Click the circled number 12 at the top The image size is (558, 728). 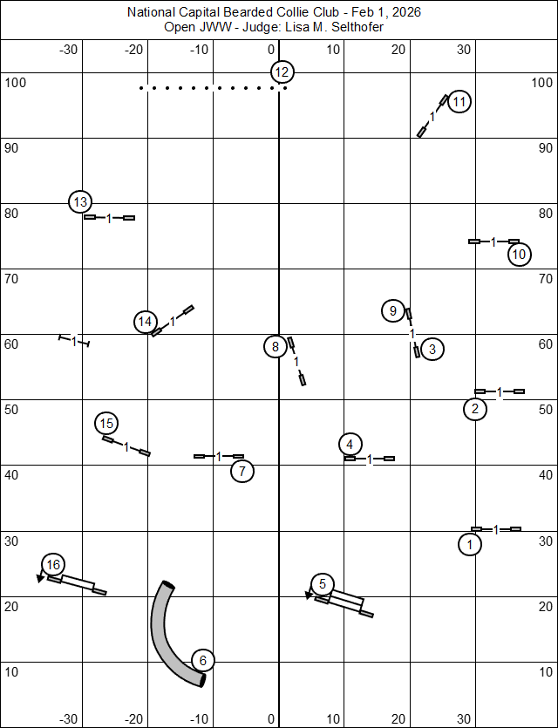pos(282,72)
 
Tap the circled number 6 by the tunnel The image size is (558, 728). pos(202,661)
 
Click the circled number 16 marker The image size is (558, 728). pos(53,565)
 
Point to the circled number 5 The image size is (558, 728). pos(323,584)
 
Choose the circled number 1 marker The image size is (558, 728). pos(470,545)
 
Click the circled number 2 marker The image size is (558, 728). pos(475,409)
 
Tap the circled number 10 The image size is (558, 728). pos(520,255)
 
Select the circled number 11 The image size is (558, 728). pos(459,102)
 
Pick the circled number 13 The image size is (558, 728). pos(80,202)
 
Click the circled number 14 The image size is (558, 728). pos(146,322)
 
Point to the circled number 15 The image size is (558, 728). pos(106,424)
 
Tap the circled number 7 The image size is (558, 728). pos(242,472)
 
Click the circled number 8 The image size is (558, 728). pos(276,347)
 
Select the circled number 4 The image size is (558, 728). pos(350,444)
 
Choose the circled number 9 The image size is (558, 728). pos(393,310)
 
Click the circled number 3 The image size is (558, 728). pos(432,350)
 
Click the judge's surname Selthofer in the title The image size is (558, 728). pos(355,27)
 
